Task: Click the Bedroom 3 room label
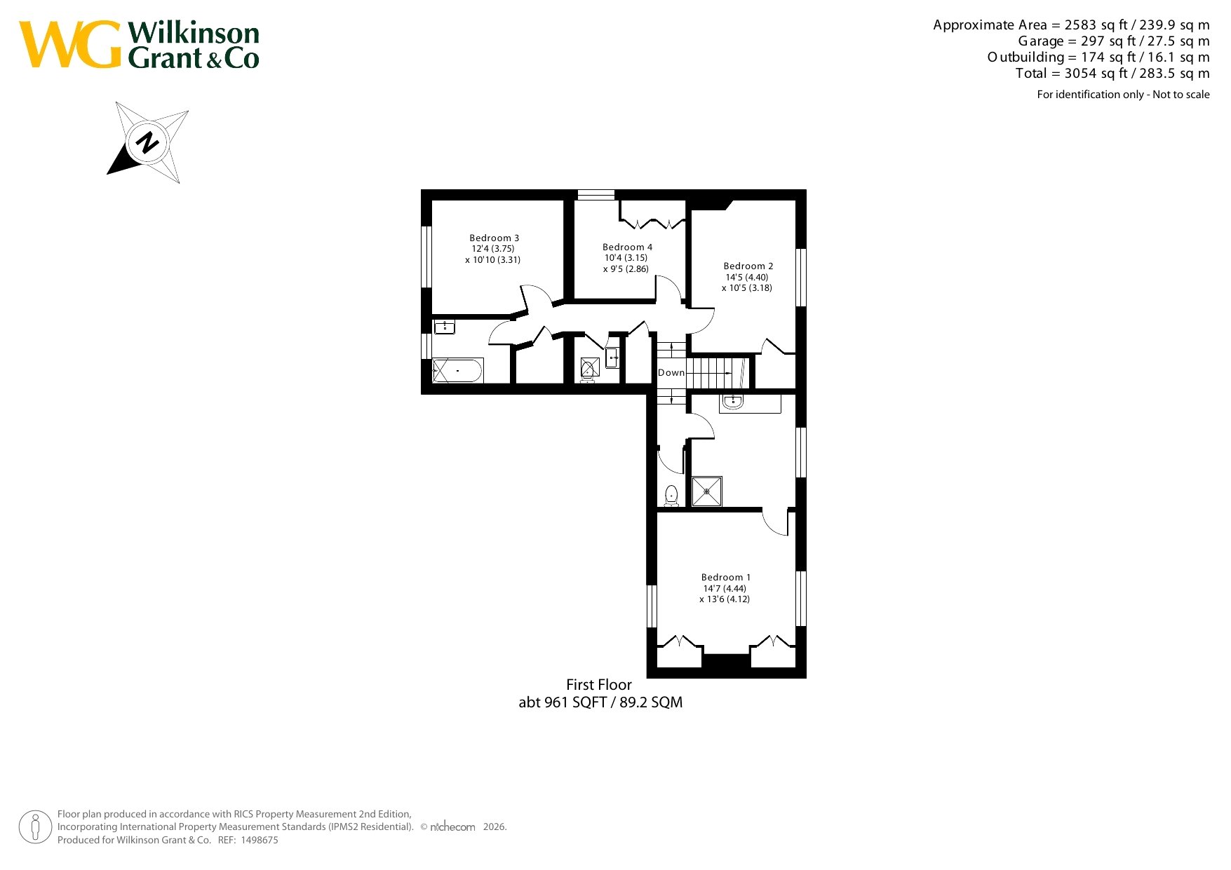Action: coord(495,238)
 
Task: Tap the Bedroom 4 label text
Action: coord(627,247)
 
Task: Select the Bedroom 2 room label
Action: coord(748,266)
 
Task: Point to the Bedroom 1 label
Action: coord(726,578)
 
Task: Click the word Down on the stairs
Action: coord(671,373)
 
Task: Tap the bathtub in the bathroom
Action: coord(457,370)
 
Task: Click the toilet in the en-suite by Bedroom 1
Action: coord(671,496)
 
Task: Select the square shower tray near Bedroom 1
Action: coord(706,491)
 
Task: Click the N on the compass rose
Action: coord(147,142)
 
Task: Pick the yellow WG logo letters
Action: coord(70,45)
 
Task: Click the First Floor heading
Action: coord(599,685)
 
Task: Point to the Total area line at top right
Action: coord(1112,74)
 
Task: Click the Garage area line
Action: coord(1114,41)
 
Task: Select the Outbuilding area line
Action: coord(1098,57)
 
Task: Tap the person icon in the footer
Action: coord(35,827)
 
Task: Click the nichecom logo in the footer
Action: coord(452,827)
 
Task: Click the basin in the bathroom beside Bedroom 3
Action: coord(445,327)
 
